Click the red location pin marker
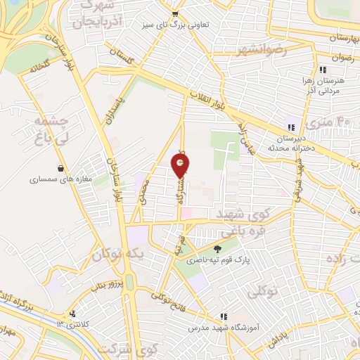181,166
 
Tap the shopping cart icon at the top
174,14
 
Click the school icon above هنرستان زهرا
323,70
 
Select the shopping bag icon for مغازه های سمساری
63,168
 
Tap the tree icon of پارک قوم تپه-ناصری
216,247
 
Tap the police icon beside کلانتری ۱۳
72,314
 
